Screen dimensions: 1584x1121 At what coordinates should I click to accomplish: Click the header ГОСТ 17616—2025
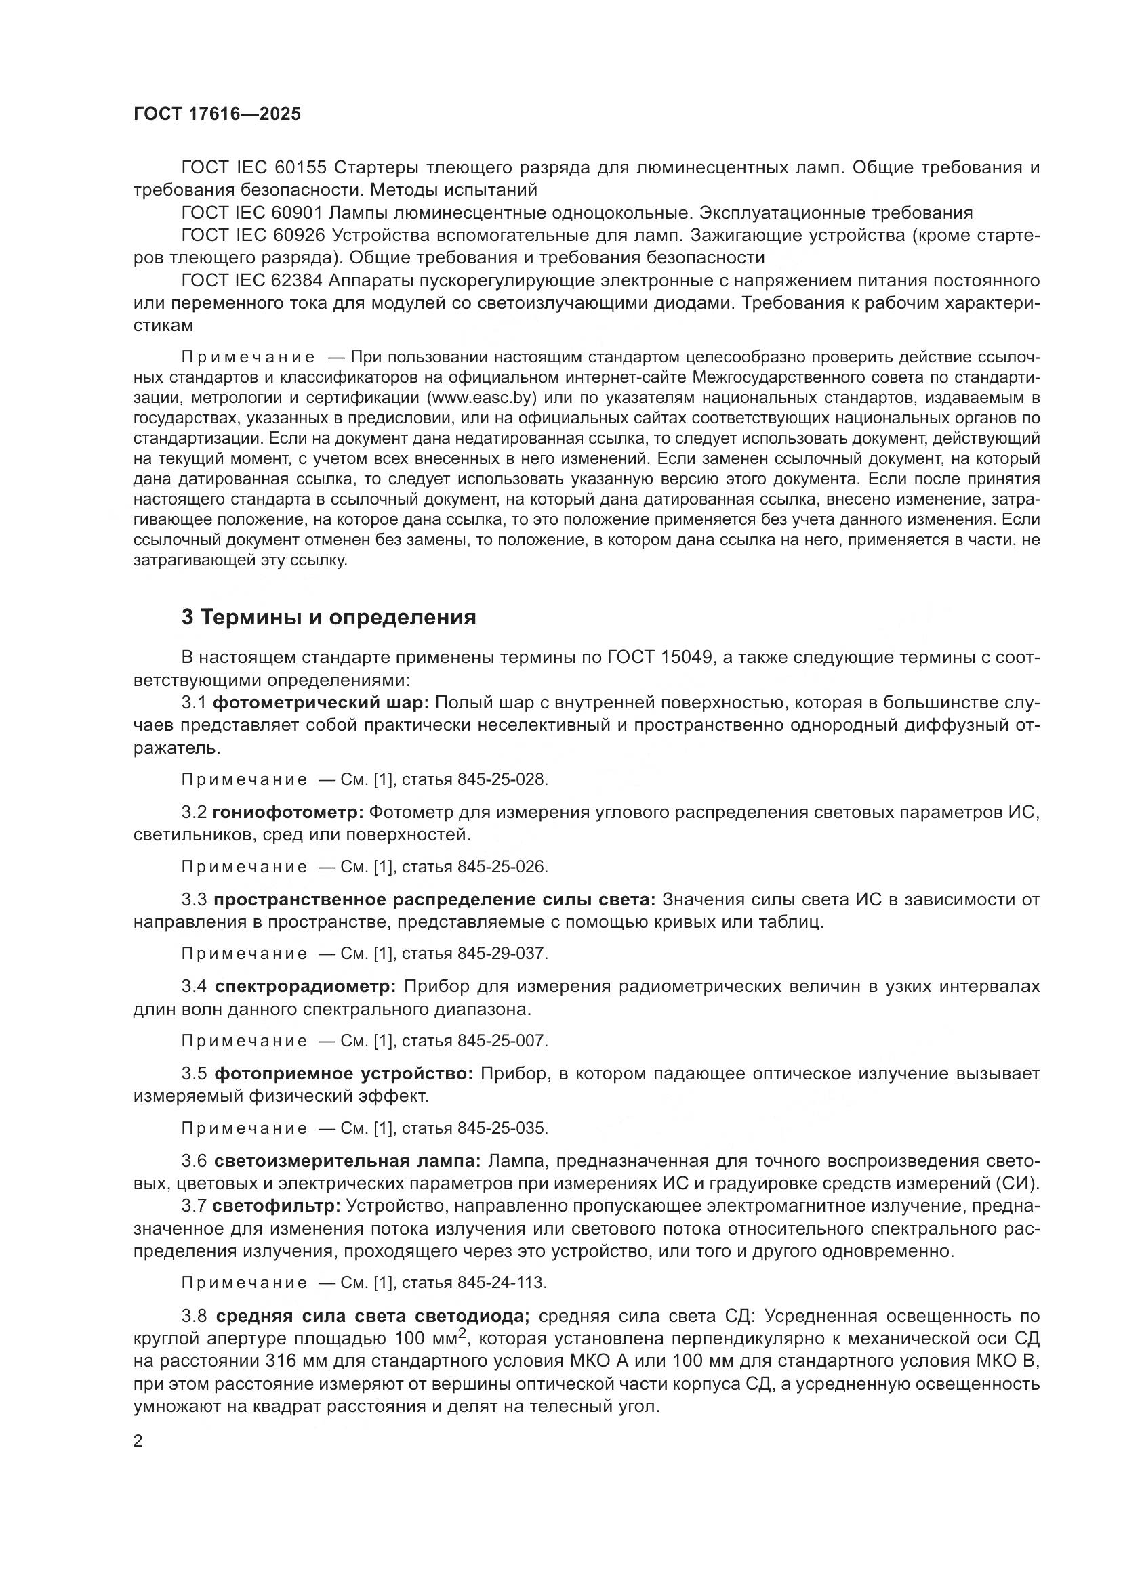pyautogui.click(x=218, y=114)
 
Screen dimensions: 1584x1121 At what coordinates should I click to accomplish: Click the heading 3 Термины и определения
pyautogui.click(x=329, y=617)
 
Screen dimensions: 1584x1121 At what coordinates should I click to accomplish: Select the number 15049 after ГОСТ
pyautogui.click(x=682, y=658)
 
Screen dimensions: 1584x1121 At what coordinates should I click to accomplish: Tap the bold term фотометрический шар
pyautogui.click(x=321, y=703)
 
